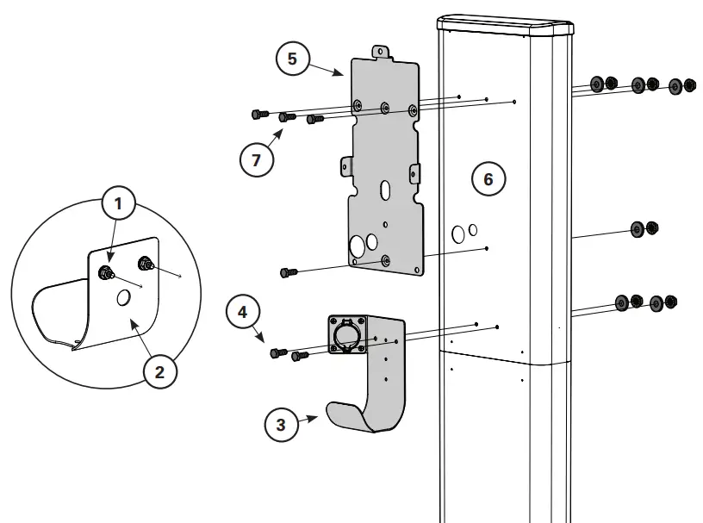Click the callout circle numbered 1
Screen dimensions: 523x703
119,204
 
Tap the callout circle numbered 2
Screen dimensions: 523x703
159,372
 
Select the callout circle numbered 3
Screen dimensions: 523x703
280,424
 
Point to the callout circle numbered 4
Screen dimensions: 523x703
243,311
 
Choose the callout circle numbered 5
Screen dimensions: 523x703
292,59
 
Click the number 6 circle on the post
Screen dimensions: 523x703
488,179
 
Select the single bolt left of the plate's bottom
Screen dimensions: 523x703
289,272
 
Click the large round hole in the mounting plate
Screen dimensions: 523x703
358,247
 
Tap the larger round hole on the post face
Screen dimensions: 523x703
458,233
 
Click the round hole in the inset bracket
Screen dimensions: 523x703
123,297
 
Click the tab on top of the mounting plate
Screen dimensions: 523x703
380,53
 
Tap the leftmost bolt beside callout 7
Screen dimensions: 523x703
258,114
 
